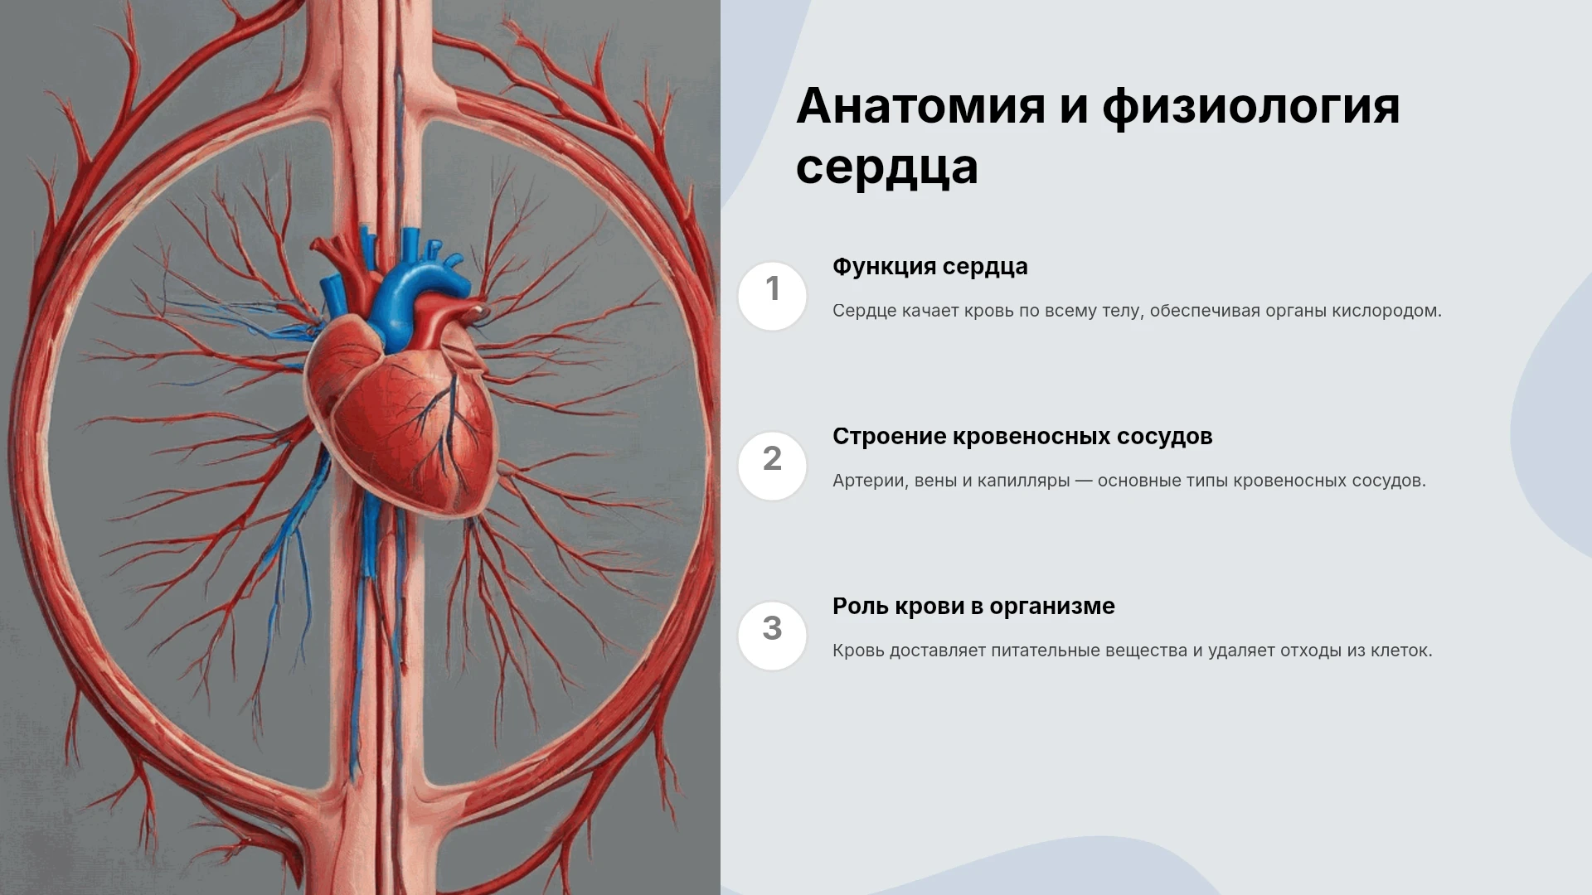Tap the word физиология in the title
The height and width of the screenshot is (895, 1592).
[x=1250, y=109]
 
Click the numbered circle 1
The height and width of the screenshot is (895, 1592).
[x=772, y=296]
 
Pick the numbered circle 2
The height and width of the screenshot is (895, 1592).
[x=772, y=466]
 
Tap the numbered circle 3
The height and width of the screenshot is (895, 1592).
[x=772, y=636]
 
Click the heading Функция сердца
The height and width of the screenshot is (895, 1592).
[x=929, y=267]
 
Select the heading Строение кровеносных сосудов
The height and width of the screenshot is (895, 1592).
[x=1022, y=437]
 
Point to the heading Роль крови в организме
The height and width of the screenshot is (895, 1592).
[x=973, y=607]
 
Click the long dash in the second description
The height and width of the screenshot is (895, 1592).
[x=1084, y=481]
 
